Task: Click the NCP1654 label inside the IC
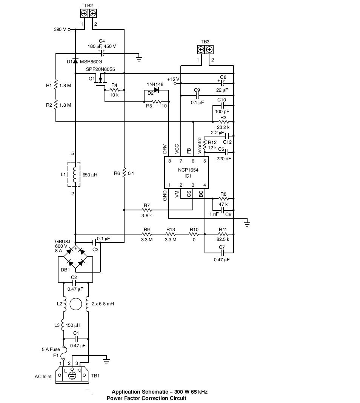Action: tap(188, 170)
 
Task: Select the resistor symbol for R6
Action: tap(124, 173)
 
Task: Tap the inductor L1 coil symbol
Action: tap(75, 174)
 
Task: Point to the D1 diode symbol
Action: tap(75, 61)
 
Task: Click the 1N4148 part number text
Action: tap(155, 84)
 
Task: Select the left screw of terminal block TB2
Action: tap(84, 13)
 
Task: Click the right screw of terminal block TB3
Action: tap(209, 49)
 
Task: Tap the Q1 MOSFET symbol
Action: tap(100, 80)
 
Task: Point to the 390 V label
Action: tap(60, 29)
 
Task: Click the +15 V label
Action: tap(173, 79)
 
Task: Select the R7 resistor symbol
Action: tap(147, 210)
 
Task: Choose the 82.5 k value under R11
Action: tap(223, 239)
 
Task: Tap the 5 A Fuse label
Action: tap(51, 349)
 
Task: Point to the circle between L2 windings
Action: tap(76, 304)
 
